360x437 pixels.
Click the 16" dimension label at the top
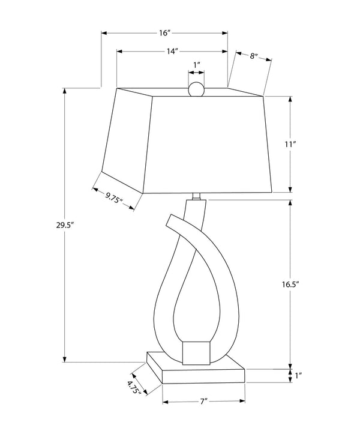164,33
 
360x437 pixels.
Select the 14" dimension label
172,51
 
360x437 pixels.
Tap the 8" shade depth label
253,56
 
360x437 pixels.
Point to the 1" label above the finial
197,65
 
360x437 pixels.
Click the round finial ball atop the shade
196,89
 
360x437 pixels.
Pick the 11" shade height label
290,144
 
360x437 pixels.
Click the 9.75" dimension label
114,197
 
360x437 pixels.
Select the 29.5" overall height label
65,225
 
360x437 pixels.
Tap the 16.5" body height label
290,285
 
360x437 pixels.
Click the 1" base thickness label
299,376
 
